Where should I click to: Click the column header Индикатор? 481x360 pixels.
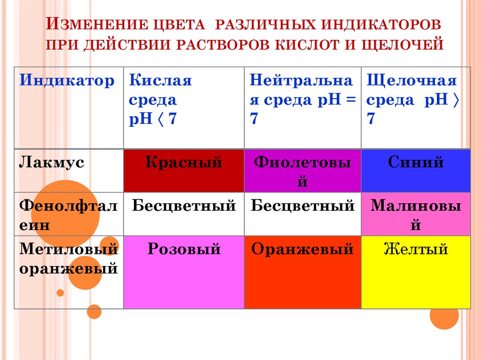point(67,81)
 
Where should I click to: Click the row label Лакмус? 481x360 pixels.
point(52,163)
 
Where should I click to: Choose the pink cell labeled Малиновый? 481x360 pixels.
point(416,214)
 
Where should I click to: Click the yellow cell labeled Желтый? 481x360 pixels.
point(416,272)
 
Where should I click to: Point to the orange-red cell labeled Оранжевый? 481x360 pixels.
point(303,272)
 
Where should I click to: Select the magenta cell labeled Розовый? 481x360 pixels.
point(184,272)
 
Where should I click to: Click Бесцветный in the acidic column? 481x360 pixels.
point(184,206)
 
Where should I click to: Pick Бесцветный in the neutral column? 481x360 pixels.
point(303,206)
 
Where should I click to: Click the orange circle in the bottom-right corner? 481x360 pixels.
point(444,315)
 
